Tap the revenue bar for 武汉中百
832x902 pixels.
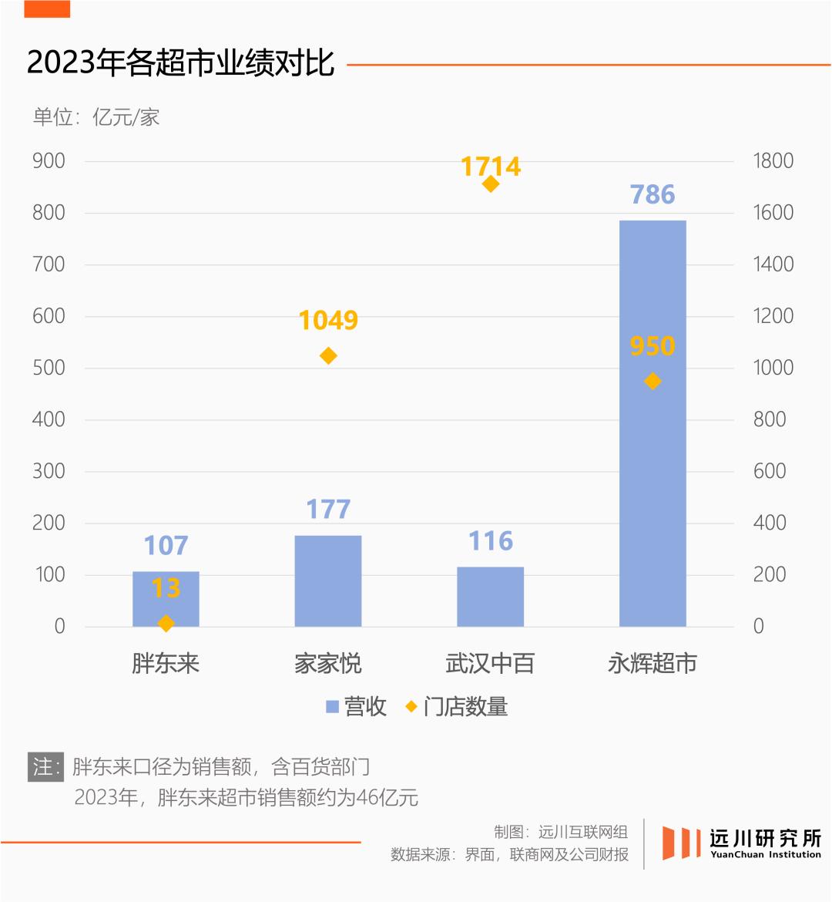coord(490,597)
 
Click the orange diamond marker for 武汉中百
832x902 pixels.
coord(491,183)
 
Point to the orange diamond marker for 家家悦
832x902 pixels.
coord(328,355)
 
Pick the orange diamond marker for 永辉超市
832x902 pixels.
coord(653,381)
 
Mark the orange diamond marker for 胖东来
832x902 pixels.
coord(166,623)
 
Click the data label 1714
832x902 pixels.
coord(491,166)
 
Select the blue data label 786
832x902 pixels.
coord(653,194)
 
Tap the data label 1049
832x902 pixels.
coord(328,320)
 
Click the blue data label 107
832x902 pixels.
coord(166,545)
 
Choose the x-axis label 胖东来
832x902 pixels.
coord(166,663)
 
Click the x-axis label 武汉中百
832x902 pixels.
coord(490,663)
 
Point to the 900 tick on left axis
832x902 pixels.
coord(49,161)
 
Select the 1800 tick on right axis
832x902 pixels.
coord(773,161)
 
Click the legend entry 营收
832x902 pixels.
coord(356,706)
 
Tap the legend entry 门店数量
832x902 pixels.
coord(457,706)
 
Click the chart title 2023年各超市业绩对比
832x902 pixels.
coord(181,63)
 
